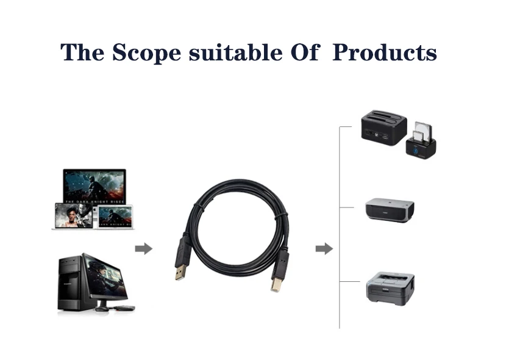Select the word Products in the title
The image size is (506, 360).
(385, 52)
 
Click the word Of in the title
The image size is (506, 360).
(304, 52)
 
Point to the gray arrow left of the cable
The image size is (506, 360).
(143, 248)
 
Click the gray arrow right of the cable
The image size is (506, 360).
(324, 248)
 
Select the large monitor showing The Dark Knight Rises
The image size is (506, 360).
(94, 186)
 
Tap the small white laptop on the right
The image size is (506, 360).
(115, 217)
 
